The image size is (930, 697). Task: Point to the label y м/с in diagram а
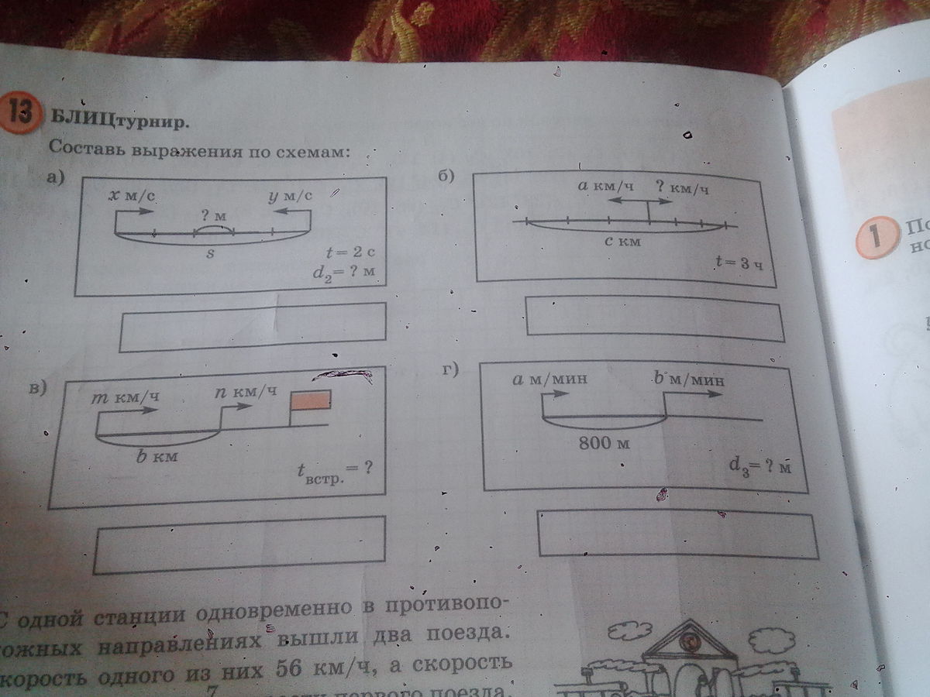tap(290, 197)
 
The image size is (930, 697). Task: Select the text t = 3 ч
tap(739, 263)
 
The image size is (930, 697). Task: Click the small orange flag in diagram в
tap(311, 400)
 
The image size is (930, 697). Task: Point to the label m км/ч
tap(126, 398)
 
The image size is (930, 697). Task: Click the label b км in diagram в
tap(157, 457)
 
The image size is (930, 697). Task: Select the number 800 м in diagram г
tap(602, 444)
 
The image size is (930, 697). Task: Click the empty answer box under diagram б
tap(654, 318)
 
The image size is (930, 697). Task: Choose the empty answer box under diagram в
tap(239, 544)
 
